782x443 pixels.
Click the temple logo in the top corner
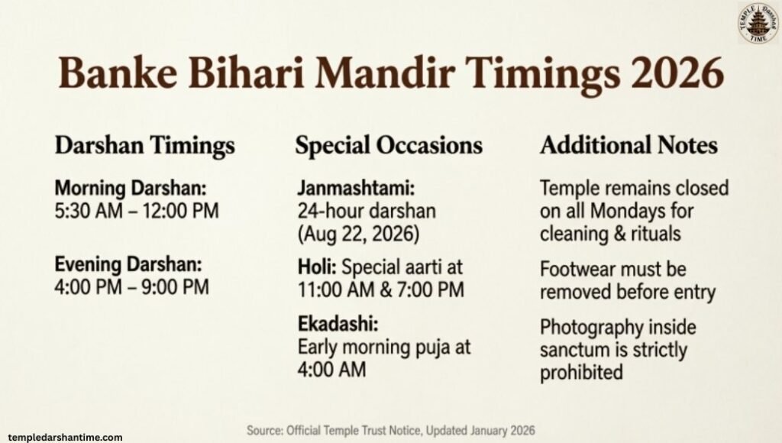pos(758,24)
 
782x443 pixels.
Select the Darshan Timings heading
pos(145,146)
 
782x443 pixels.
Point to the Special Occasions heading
pos(389,146)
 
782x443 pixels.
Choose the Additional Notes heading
pos(629,146)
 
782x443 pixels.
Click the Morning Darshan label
pos(131,189)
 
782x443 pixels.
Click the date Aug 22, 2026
pos(359,232)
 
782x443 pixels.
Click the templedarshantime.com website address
pos(61,437)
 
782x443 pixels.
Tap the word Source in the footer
pos(266,431)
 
